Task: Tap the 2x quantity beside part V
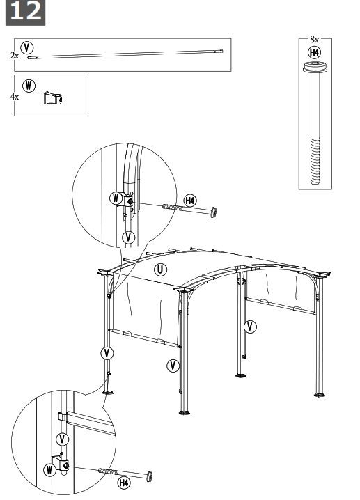[15, 54]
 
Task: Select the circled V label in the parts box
[27, 47]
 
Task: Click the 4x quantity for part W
[15, 97]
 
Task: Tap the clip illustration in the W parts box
[52, 98]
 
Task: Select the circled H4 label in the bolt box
[314, 52]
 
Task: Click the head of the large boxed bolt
[314, 68]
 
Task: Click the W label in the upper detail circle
[115, 198]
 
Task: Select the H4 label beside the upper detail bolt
[189, 201]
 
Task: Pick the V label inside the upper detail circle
[127, 237]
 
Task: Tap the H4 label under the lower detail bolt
[123, 483]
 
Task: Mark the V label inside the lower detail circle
[62, 439]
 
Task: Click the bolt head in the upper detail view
[212, 210]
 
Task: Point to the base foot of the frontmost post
[185, 415]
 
